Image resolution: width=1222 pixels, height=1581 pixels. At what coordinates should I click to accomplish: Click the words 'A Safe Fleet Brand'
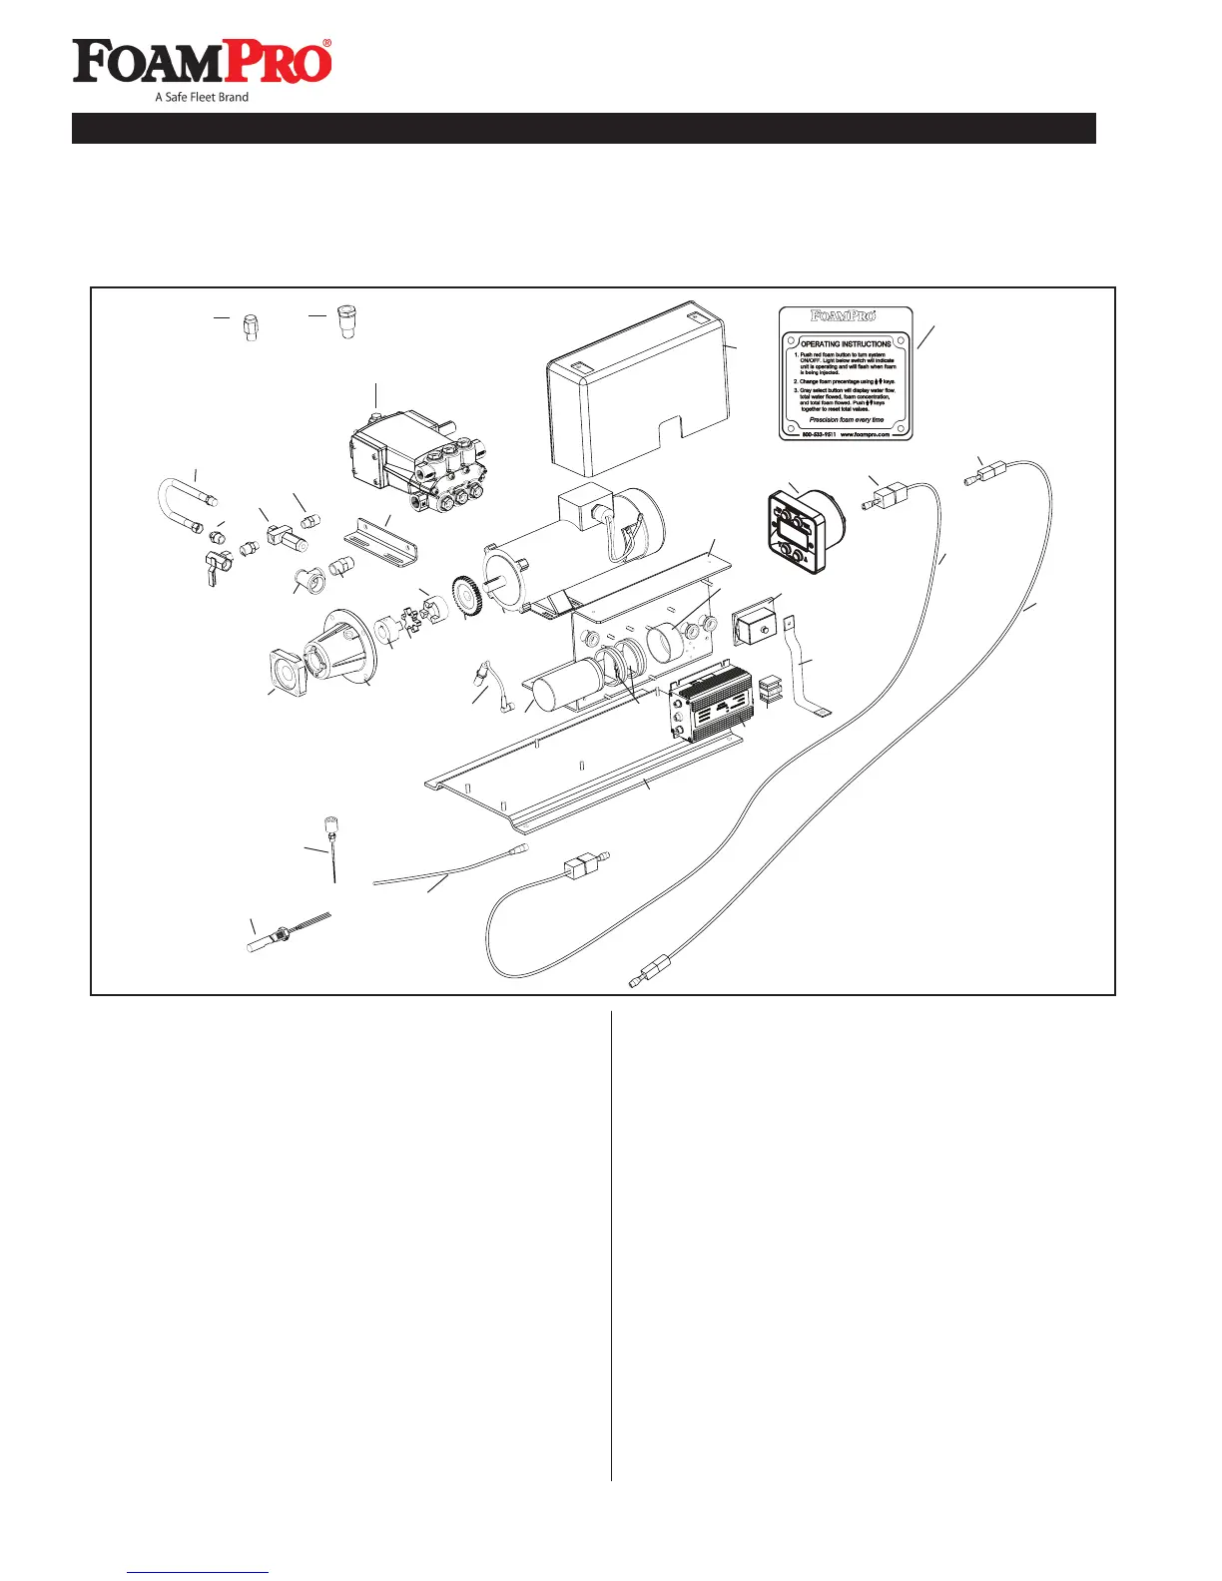(x=202, y=97)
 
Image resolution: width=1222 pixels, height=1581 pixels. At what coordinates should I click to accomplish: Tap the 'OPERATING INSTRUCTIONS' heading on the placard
(x=846, y=343)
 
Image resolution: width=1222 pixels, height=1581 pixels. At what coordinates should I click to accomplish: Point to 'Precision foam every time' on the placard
(x=846, y=420)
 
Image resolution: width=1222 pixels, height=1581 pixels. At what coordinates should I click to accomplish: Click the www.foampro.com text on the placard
(x=865, y=435)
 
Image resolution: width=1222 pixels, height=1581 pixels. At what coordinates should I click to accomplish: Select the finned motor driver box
(x=709, y=705)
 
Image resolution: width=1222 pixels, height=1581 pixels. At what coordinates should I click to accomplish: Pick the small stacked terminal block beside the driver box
(x=770, y=688)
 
